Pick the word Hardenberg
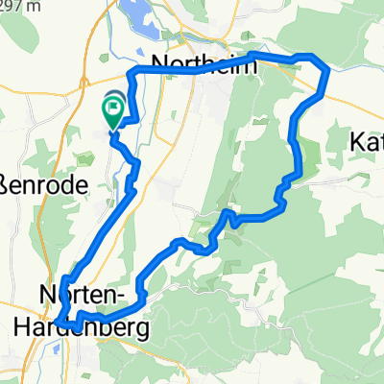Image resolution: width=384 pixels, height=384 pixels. click(83, 328)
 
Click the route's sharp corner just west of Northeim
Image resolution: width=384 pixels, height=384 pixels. click(132, 73)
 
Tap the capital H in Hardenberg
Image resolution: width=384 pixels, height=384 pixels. click(23, 328)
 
